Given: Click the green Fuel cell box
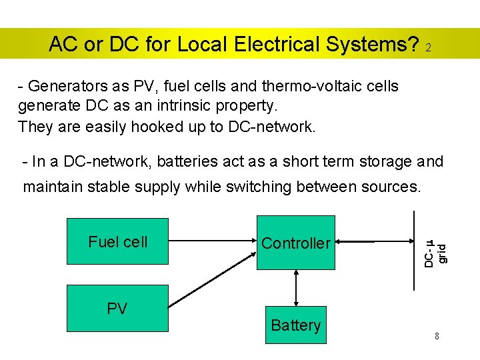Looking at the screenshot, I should pyautogui.click(x=117, y=241).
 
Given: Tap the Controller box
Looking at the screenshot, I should pyautogui.click(x=295, y=243).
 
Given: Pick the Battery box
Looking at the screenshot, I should pyautogui.click(x=295, y=325).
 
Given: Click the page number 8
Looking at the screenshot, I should pyautogui.click(x=437, y=336).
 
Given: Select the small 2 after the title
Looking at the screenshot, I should pyautogui.click(x=429, y=49).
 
